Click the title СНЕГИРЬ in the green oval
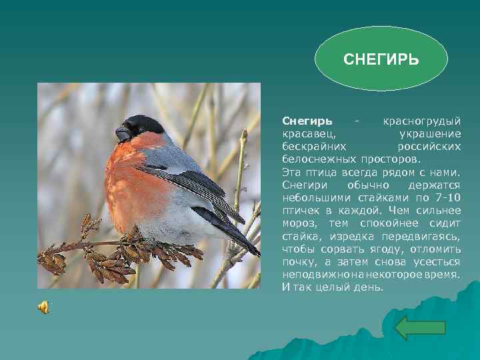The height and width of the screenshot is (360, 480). click(x=381, y=60)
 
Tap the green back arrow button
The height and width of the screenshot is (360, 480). click(x=420, y=328)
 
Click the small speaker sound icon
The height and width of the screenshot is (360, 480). click(x=43, y=307)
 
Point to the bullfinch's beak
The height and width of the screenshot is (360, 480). click(x=123, y=133)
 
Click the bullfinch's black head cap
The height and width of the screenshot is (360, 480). click(x=143, y=124)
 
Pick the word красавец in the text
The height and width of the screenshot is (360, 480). click(x=307, y=134)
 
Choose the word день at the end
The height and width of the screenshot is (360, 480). click(x=367, y=287)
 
